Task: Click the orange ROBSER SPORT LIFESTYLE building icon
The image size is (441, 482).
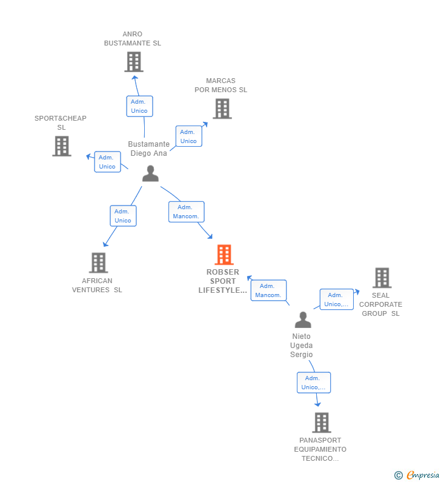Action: tap(224, 255)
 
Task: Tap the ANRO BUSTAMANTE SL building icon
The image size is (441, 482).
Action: tap(134, 62)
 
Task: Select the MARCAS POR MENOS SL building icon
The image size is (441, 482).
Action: tap(222, 109)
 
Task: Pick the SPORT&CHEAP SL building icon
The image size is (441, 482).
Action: tap(62, 146)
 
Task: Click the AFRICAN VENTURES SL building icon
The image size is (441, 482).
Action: tap(98, 263)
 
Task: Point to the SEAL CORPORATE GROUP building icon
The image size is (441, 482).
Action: tap(382, 278)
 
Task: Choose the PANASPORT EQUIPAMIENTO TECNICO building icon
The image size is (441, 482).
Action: tap(322, 423)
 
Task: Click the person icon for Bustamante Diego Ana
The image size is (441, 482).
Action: tap(150, 173)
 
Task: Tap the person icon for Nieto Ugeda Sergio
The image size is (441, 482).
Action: tap(303, 320)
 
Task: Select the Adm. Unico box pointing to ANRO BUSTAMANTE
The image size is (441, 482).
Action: tap(139, 106)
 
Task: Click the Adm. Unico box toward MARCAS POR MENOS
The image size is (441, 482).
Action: tap(188, 136)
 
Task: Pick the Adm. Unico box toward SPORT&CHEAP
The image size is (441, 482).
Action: tap(107, 162)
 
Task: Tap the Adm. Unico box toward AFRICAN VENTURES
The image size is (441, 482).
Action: tap(123, 216)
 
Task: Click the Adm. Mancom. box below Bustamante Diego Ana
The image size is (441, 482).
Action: tap(186, 212)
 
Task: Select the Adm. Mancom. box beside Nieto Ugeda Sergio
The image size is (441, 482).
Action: tap(268, 290)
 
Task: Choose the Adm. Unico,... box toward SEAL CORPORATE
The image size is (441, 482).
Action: tap(336, 300)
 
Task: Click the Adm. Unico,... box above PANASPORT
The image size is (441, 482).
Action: tap(314, 383)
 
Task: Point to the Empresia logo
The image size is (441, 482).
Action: tap(417, 475)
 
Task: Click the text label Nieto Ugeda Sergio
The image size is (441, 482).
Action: tap(302, 345)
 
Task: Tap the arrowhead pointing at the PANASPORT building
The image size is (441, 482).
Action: tap(318, 404)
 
